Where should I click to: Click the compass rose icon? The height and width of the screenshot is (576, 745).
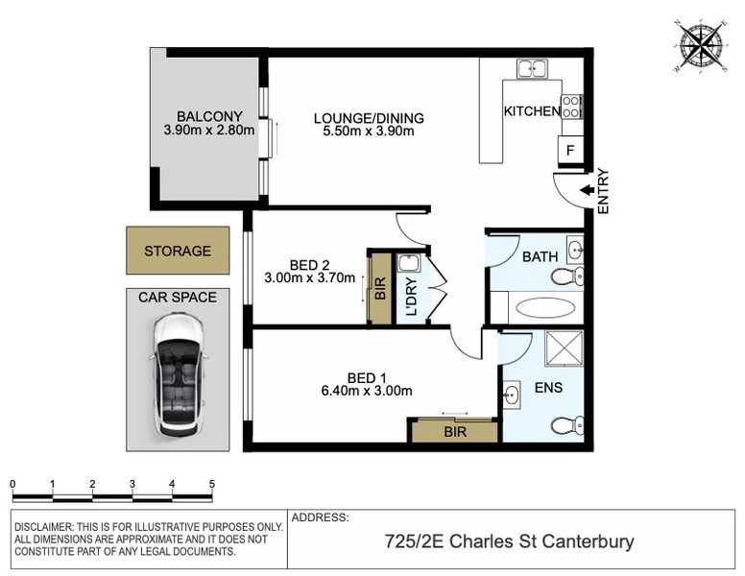(x=703, y=45)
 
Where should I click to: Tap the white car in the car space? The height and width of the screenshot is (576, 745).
(x=178, y=374)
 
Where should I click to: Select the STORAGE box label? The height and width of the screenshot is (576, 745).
(x=178, y=252)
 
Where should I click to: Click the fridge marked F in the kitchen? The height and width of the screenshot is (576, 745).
(x=570, y=151)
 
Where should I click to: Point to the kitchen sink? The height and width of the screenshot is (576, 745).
(x=530, y=69)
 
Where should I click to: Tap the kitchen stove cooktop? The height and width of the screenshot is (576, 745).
(x=572, y=106)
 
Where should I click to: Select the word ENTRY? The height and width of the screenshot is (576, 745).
(x=604, y=191)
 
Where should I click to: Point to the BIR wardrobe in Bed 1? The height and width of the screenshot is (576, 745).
(x=454, y=431)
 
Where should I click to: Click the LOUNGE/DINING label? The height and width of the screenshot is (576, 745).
(x=369, y=119)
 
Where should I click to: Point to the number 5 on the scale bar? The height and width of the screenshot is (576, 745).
(x=210, y=484)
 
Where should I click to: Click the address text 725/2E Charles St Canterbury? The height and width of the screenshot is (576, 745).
(x=509, y=542)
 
